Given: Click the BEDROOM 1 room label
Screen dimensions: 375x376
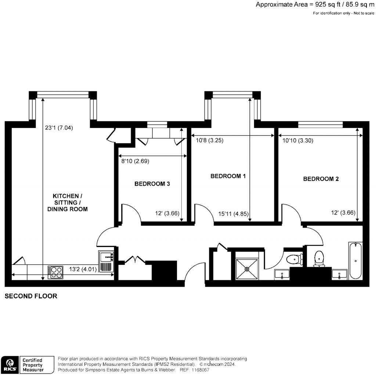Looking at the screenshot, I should click(x=228, y=176).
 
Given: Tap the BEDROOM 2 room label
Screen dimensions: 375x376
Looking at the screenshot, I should click(x=321, y=179).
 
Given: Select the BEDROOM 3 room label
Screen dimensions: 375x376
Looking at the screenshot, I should click(x=152, y=184).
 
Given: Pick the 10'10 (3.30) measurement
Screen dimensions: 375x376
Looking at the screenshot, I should click(x=298, y=140).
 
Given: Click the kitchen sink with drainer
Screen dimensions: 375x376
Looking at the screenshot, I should click(x=107, y=261).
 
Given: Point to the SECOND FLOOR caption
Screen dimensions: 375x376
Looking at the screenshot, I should click(x=31, y=296).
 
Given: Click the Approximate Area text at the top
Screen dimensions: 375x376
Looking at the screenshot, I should click(x=315, y=5).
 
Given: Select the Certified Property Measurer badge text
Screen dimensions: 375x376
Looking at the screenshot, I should click(x=33, y=365).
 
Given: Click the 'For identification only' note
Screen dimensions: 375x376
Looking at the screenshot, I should click(x=344, y=13).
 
